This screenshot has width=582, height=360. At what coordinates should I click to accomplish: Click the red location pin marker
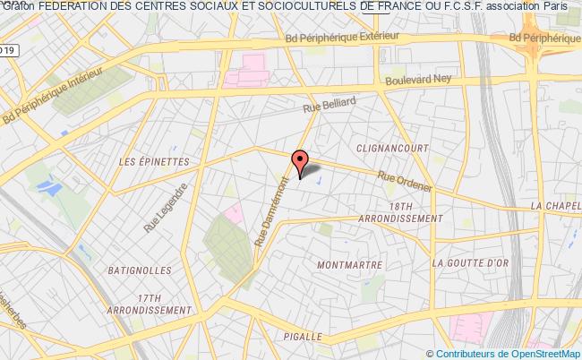(299, 162)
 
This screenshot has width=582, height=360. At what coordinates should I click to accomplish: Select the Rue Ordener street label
(406, 182)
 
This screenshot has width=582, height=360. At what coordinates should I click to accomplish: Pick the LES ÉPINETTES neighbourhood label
(154, 162)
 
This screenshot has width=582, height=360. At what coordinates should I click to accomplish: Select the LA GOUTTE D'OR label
(468, 263)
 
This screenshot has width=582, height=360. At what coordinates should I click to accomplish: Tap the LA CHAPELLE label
(555, 205)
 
